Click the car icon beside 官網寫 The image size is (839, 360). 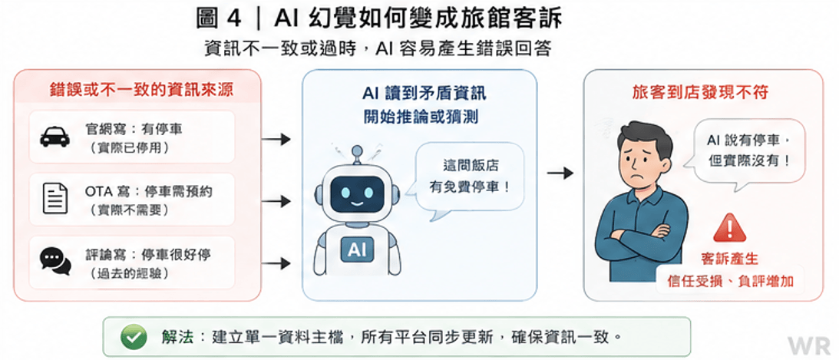pos(55,137)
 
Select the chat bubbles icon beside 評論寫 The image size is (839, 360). pos(55,261)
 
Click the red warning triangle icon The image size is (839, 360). pos(729,228)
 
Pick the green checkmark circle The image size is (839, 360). pos(134,337)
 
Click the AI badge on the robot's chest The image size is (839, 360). pos(357,249)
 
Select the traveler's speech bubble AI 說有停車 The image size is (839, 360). pos(750,152)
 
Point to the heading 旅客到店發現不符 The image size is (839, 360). pos(700,92)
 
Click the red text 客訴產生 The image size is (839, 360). pos(729,259)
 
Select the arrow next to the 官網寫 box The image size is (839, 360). pos(276,140)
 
